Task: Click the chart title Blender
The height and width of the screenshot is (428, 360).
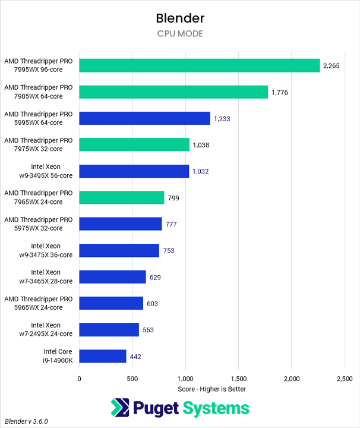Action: point(179,18)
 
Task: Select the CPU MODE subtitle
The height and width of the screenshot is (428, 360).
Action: point(179,34)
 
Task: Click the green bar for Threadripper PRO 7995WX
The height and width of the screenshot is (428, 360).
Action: point(199,65)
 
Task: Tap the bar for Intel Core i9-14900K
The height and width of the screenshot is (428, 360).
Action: point(102,357)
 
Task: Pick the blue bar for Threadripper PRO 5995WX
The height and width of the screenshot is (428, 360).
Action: point(144,118)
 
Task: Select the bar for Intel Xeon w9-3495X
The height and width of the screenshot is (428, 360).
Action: point(134,171)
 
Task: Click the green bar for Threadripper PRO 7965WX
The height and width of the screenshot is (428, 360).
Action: point(121,198)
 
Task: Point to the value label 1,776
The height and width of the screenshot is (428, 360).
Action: point(280,92)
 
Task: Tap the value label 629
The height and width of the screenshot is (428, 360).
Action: point(155,277)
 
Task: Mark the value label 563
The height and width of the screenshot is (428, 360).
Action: point(148,330)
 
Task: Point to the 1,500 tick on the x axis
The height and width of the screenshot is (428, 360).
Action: point(238,379)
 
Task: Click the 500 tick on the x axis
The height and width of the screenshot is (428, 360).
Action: point(132,379)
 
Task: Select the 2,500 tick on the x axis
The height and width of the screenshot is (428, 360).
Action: point(344,379)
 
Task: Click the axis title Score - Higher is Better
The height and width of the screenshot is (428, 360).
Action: point(211,389)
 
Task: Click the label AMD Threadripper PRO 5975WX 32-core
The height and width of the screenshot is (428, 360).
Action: point(39,224)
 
